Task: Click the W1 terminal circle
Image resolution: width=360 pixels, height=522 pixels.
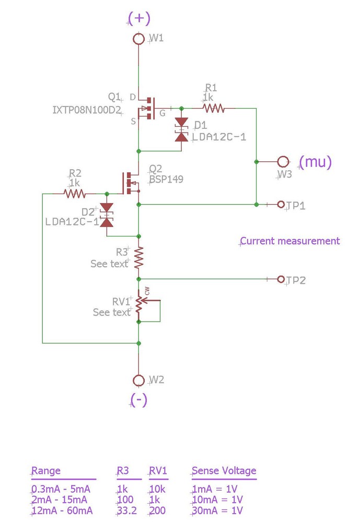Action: point(138,39)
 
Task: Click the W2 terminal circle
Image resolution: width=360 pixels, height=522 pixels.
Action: point(138,380)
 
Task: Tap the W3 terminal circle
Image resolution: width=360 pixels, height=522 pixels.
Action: point(283,161)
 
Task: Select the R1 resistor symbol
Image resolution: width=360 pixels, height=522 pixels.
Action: point(213,108)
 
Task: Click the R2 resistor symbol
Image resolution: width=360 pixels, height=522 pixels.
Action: point(75,194)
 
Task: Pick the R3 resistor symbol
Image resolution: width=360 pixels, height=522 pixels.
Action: point(138,257)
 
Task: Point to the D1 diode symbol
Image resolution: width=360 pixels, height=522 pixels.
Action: point(181,129)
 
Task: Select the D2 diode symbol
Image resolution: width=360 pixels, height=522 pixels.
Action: point(107,215)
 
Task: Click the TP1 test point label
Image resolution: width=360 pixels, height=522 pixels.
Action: point(296,205)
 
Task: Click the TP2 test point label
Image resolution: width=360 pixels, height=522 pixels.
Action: point(296,280)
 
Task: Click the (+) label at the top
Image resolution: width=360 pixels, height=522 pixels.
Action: point(139,19)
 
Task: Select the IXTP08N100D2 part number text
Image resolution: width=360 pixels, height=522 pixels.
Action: point(87,110)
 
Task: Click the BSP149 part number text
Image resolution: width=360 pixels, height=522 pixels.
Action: point(166,179)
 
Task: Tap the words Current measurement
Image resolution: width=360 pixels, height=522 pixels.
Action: point(290,241)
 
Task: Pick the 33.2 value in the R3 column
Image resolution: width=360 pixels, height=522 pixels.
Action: point(127,510)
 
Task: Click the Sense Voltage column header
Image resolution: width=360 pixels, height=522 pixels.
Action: point(224,470)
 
